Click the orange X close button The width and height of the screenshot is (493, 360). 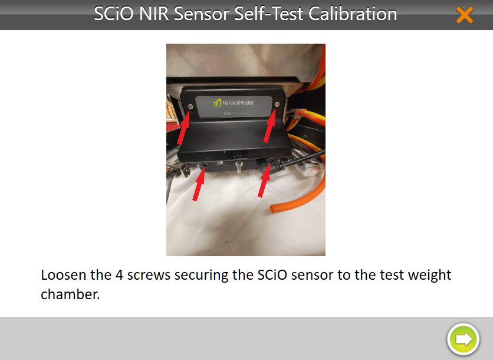pos(464,15)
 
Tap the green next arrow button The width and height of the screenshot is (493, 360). pos(463,339)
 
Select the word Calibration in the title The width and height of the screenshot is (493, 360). pos(353,14)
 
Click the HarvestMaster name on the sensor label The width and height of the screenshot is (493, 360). pos(238,103)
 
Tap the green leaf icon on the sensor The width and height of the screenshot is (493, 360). pos(217,103)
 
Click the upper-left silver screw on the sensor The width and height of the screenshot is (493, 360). pos(191,107)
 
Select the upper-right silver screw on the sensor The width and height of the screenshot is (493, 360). pos(277,104)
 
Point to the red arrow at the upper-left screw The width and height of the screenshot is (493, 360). pos(183,127)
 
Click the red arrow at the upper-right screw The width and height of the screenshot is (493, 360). pos(269,125)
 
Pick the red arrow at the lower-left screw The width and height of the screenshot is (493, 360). pos(199,184)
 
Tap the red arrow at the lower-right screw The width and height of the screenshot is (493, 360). pos(264,181)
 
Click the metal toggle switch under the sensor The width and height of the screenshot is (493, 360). pos(239,167)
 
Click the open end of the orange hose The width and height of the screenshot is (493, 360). pos(272,208)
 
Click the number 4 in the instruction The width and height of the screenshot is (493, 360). pos(119,275)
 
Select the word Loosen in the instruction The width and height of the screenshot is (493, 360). pos(64,275)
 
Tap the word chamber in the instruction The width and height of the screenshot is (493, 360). pos(70,294)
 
